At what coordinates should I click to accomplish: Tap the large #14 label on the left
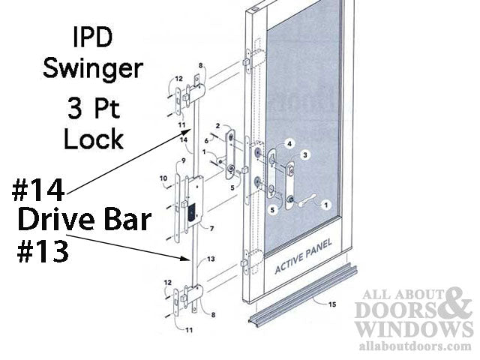click(37, 190)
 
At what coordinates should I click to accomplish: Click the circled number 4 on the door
click(289, 143)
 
